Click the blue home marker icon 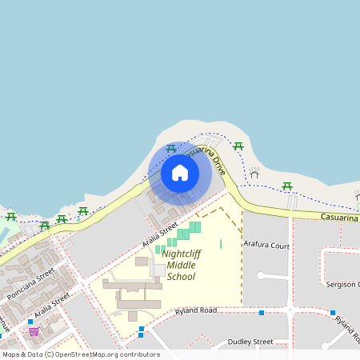pyautogui.click(x=180, y=173)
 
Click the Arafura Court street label pyautogui.click(x=266, y=245)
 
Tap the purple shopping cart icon pyautogui.click(x=34, y=330)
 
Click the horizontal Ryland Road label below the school pyautogui.click(x=196, y=310)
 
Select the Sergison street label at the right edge pyautogui.click(x=342, y=284)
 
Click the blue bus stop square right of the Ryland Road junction pyautogui.click(x=333, y=313)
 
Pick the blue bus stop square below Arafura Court pyautogui.click(x=262, y=313)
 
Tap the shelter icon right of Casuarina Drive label pyautogui.click(x=254, y=173)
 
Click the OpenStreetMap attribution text pyautogui.click(x=80, y=354)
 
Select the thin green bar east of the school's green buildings pyautogui.click(x=221, y=243)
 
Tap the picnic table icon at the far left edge pyautogui.click(x=10, y=216)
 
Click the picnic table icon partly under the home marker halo pyautogui.click(x=170, y=149)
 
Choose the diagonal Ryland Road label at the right pyautogui.click(x=346, y=324)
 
